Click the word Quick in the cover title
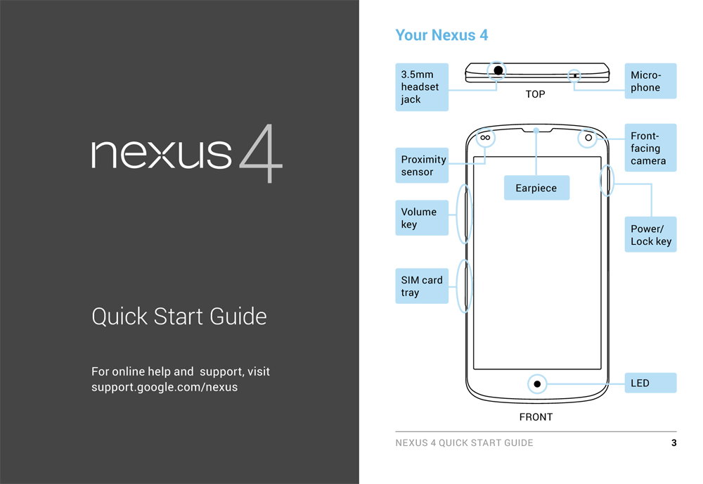click(x=120, y=317)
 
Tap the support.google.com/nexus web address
click(x=165, y=387)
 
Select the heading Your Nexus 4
click(x=441, y=35)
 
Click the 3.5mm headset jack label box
click(x=422, y=87)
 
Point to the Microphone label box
click(x=650, y=81)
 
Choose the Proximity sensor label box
click(x=422, y=165)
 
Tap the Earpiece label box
click(x=536, y=188)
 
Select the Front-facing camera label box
click(x=650, y=148)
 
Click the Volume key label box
click(x=422, y=218)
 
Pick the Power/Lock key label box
click(x=650, y=234)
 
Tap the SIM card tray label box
click(x=422, y=286)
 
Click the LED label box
click(x=650, y=383)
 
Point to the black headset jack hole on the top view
click(x=498, y=70)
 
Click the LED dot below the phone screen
click(x=537, y=384)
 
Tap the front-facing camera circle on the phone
click(x=588, y=138)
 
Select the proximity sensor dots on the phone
click(x=485, y=138)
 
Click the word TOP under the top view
click(x=535, y=94)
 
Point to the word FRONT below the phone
click(x=536, y=417)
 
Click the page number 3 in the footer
click(x=674, y=443)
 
